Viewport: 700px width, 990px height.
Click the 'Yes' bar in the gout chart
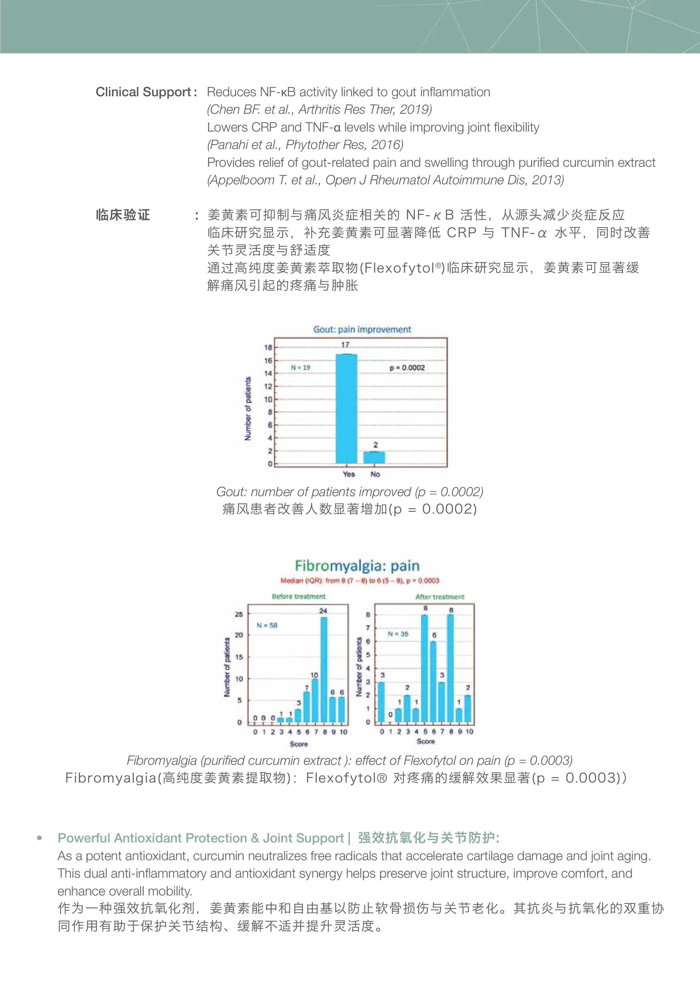point(346,409)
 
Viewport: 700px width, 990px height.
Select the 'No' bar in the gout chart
point(374,457)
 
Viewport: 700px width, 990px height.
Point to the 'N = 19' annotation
point(301,368)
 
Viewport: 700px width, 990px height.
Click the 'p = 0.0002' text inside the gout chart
point(407,368)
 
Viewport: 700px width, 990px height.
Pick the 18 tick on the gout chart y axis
point(268,347)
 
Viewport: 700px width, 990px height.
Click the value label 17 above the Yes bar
point(345,345)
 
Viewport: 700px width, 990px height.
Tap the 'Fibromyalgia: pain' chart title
point(357,566)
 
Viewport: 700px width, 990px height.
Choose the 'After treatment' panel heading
point(439,597)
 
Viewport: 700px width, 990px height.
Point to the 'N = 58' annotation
point(267,625)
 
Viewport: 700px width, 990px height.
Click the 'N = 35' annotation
point(398,634)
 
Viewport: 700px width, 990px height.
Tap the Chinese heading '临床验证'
point(123,215)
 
